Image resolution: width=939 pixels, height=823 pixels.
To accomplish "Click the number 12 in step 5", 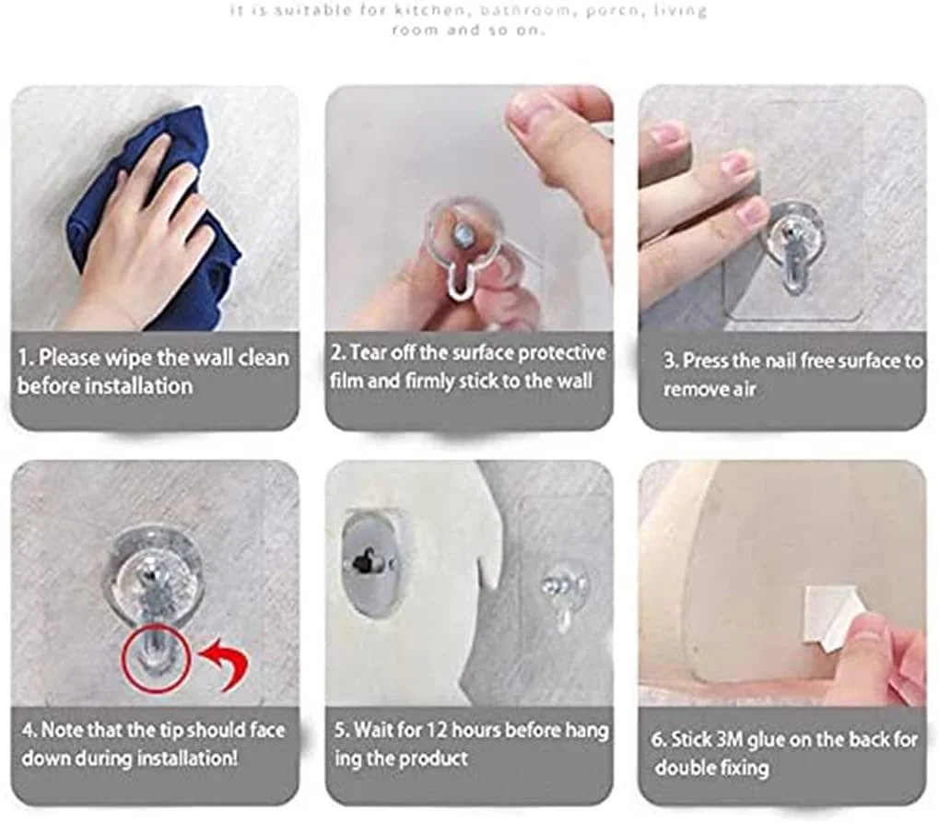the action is point(437,730).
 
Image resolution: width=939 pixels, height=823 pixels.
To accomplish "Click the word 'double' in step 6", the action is point(683,768).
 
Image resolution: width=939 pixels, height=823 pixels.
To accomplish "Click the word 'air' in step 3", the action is point(745,389).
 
